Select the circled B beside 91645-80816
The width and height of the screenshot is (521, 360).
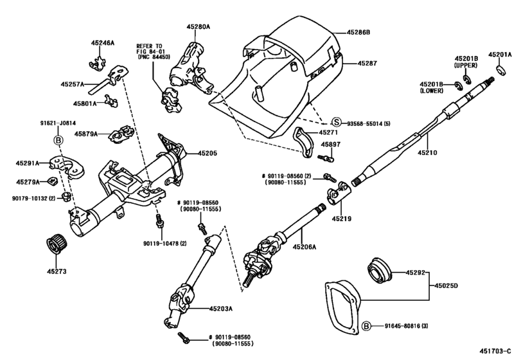coord(366,327)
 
